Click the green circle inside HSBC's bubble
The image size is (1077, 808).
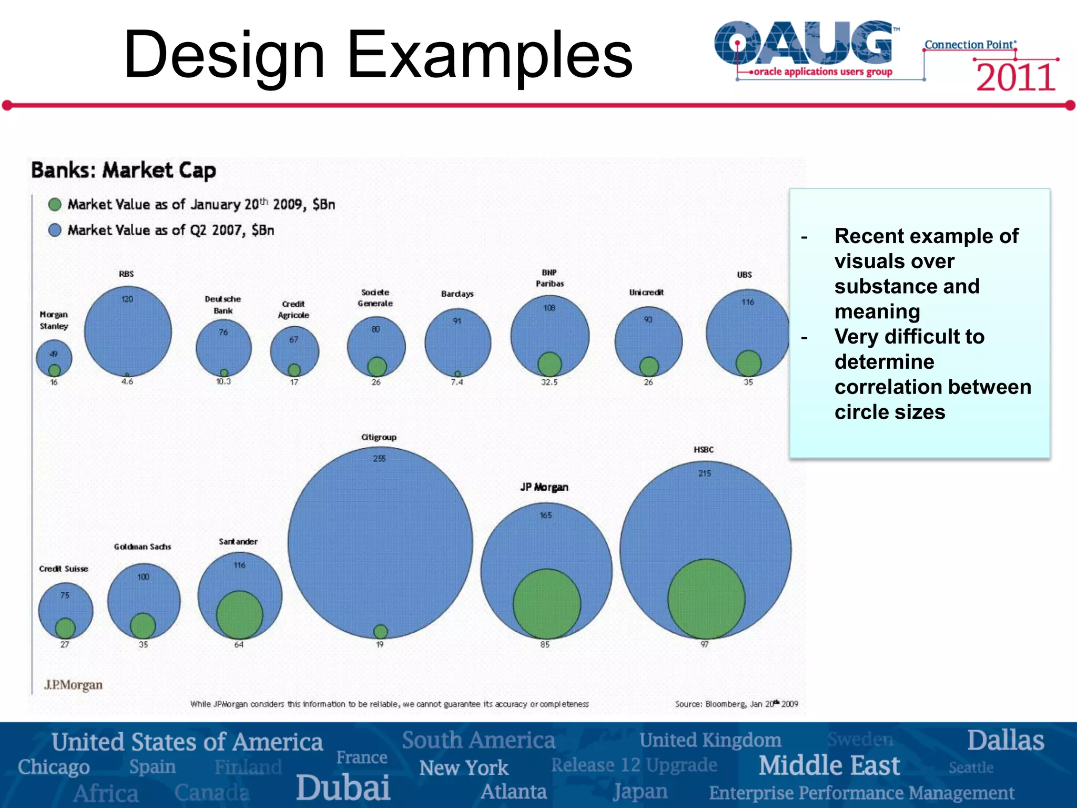pos(706,599)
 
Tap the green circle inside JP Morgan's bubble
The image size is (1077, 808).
pos(547,604)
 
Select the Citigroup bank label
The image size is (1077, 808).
pos(379,437)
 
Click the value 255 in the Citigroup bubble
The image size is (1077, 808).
pos(379,459)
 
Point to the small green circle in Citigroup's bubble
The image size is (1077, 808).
pos(380,631)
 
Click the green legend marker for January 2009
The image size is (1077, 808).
pos(55,204)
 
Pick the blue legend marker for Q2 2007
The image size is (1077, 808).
pos(55,230)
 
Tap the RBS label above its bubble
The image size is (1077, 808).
pos(126,274)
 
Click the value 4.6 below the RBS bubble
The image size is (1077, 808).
pos(127,382)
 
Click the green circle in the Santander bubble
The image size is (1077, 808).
pos(239,614)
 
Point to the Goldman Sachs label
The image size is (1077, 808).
pos(143,547)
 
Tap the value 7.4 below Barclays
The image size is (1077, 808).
pos(457,382)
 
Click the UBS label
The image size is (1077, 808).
pos(744,275)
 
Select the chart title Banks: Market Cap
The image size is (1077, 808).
pos(124,170)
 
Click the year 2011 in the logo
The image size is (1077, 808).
pos(1015,77)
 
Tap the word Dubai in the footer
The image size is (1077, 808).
pos(343,787)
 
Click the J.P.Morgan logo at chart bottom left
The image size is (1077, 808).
pos(74,685)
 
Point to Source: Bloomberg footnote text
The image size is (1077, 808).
pos(736,704)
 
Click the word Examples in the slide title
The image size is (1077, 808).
pos(489,54)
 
